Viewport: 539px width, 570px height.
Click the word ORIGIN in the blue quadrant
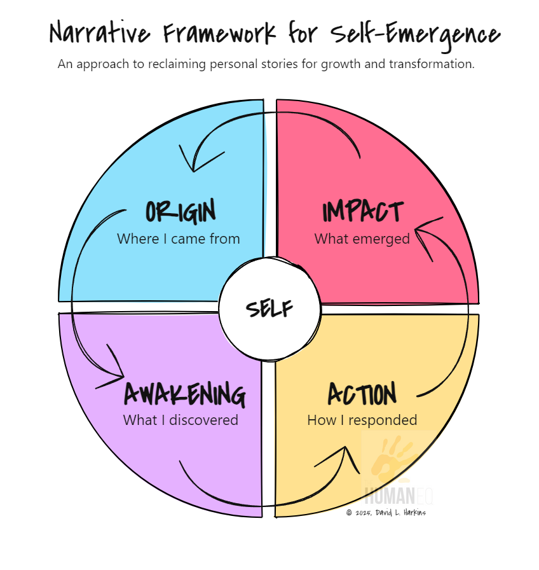pyautogui.click(x=181, y=211)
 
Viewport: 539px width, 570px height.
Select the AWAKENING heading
pyautogui.click(x=184, y=394)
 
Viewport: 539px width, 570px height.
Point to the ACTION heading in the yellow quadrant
pyautogui.click(x=362, y=394)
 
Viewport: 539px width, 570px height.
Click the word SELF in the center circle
pyautogui.click(x=269, y=309)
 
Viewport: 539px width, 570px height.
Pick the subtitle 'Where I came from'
pyautogui.click(x=179, y=239)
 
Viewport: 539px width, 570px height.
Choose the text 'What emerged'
pyautogui.click(x=362, y=239)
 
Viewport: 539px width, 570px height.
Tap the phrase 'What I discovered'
pyautogui.click(x=181, y=420)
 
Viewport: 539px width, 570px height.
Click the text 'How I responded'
pyautogui.click(x=362, y=420)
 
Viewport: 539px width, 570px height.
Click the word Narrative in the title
pyautogui.click(x=95, y=33)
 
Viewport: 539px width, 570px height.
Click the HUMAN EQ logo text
pyautogui.click(x=399, y=494)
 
